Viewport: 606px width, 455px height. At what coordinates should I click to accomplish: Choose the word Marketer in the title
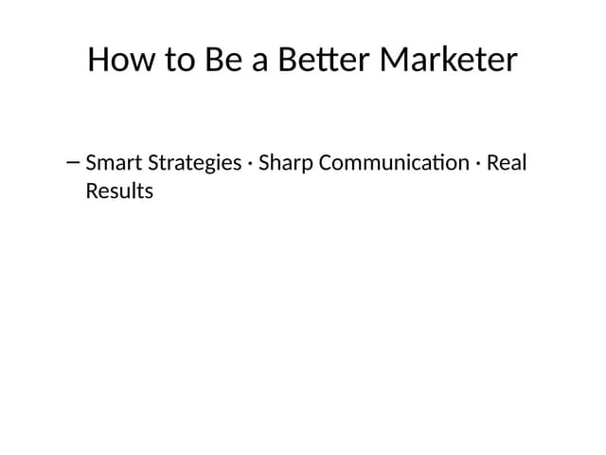click(x=449, y=60)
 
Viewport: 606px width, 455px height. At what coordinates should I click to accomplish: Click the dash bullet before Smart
click(x=74, y=162)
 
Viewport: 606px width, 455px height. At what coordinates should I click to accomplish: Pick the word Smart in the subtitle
click(x=113, y=163)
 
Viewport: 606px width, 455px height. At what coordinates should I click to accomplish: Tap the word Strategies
click(x=193, y=164)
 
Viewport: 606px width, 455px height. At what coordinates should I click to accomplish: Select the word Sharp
click(x=286, y=164)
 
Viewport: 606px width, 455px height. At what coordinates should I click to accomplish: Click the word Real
click(x=507, y=163)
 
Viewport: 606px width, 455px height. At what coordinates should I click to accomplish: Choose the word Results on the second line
click(x=119, y=191)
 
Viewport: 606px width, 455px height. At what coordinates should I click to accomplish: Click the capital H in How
click(x=99, y=60)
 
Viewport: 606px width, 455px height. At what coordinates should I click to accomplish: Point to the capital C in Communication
click(x=326, y=163)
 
